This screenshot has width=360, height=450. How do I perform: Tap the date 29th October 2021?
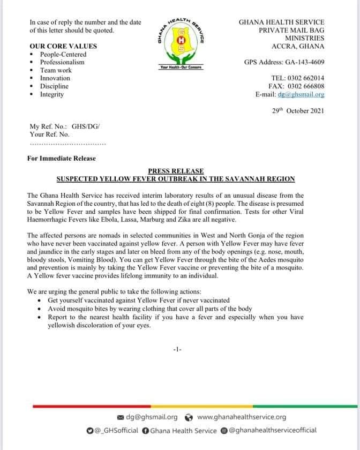click(297, 111)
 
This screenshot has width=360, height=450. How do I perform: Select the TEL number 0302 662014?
click(306, 78)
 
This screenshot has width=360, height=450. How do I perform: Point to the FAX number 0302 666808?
click(306, 86)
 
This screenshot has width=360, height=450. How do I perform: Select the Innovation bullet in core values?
click(55, 78)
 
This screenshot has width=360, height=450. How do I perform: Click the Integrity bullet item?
click(52, 94)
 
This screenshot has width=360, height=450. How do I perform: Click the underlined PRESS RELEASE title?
click(180, 170)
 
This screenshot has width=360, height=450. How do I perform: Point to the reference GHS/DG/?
click(86, 127)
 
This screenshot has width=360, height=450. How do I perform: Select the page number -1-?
click(178, 349)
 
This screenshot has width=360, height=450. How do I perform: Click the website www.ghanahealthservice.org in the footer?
click(242, 417)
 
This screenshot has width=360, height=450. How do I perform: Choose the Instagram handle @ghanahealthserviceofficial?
click(273, 430)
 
